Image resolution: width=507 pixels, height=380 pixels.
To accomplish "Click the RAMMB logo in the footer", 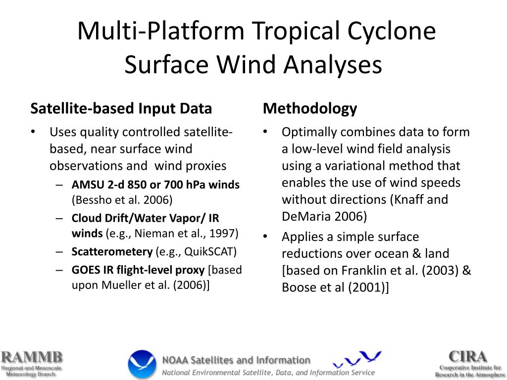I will pos(31,364).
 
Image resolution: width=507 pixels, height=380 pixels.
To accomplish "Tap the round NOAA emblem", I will pos(142,364).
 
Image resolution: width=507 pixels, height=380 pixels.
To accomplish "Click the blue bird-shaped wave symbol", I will pos(357,359).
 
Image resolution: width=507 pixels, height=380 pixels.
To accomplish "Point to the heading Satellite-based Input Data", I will pos(121,108).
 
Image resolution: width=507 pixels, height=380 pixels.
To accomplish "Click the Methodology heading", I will pos(310,108).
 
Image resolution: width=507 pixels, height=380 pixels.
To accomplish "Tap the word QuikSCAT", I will pos(210,251).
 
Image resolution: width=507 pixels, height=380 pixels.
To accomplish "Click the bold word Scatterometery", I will pos(112,251).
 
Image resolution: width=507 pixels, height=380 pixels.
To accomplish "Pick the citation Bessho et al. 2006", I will pos(122,200).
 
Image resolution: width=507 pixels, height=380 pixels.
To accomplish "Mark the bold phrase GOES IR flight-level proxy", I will pos(138,270).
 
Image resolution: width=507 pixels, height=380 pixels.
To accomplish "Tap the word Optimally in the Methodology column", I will pos(305,132).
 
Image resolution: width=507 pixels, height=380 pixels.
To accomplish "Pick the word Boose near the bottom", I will pos(298,287).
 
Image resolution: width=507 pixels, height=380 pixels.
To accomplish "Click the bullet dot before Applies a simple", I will pos(266,237).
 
